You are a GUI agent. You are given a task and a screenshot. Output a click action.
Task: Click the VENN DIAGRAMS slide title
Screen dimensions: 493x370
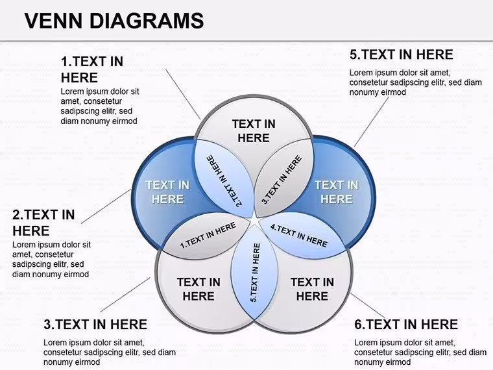click(114, 21)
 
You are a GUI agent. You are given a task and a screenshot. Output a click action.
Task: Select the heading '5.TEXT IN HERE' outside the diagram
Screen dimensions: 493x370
click(401, 55)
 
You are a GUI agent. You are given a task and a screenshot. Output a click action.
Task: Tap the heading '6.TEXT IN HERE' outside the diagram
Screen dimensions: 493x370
click(406, 325)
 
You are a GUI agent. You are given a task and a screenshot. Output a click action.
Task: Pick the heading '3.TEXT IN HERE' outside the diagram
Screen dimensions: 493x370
click(95, 325)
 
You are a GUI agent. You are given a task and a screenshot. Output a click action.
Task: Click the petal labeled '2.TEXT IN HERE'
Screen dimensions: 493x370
click(224, 179)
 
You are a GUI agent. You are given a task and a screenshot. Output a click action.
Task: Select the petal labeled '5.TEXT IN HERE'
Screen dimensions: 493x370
click(255, 273)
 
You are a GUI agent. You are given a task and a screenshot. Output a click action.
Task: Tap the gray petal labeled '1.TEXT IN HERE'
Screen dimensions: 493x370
click(207, 236)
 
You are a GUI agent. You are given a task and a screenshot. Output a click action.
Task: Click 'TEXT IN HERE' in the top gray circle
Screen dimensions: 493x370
click(254, 131)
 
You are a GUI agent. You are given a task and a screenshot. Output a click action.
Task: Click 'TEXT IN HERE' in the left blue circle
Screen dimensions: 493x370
click(167, 192)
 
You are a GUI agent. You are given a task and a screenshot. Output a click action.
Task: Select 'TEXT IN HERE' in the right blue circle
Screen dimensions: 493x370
click(337, 192)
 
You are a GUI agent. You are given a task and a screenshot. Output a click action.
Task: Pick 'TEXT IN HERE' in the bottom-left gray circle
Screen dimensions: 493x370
click(198, 289)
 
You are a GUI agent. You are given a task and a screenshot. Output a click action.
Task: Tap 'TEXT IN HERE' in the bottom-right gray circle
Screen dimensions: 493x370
click(312, 289)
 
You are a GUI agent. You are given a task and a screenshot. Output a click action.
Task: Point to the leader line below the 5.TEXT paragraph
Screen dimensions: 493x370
click(371, 122)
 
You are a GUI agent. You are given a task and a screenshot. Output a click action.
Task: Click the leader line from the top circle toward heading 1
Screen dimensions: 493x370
click(183, 94)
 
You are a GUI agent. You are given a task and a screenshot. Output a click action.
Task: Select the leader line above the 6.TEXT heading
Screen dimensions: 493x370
click(368, 306)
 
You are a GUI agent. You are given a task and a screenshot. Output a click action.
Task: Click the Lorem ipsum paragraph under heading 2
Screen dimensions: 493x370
click(51, 260)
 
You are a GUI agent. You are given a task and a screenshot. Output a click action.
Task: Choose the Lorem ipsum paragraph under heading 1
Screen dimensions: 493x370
click(100, 106)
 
